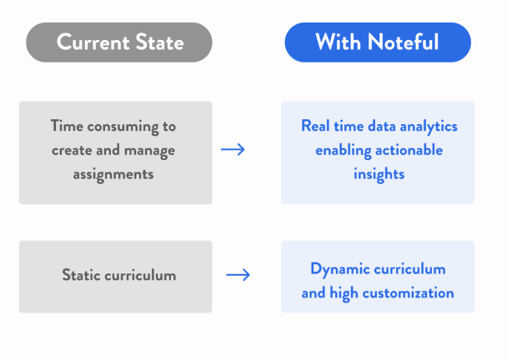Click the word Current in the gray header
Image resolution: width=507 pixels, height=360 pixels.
(93, 42)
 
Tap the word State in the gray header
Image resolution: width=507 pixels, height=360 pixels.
(160, 42)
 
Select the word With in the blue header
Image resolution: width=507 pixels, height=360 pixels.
(338, 42)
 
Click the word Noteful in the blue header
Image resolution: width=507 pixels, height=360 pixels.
(404, 42)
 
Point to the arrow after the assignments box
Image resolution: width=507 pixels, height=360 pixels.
(233, 149)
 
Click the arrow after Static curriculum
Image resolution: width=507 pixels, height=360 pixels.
(238, 275)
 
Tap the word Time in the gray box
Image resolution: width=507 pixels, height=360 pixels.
(67, 126)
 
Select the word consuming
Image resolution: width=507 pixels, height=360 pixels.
(123, 127)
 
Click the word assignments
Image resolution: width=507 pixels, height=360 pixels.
(113, 175)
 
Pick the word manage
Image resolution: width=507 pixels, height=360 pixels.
(150, 151)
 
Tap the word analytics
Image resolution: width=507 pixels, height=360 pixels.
(429, 127)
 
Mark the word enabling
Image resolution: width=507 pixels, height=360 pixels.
(344, 151)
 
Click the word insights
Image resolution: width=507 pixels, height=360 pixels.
(379, 175)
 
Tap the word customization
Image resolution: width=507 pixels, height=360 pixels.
(408, 293)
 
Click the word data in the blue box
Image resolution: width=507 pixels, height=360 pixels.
(382, 126)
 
